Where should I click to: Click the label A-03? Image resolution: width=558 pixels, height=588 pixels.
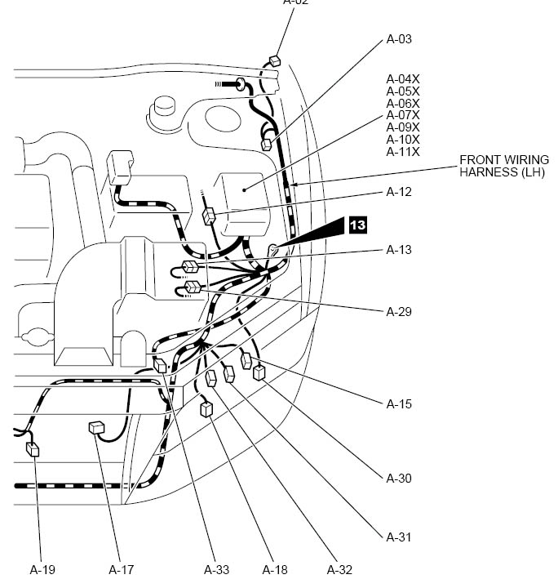coord(399,38)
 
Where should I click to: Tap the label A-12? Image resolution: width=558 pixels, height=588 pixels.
coord(399,192)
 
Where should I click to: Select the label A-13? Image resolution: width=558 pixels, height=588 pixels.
coord(399,249)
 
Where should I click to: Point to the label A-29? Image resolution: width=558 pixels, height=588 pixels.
coord(399,312)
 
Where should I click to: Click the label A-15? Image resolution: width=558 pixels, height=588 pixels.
coord(399,404)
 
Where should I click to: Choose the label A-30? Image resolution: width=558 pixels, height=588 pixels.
coord(399,478)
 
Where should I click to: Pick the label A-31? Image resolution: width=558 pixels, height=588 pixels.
coord(399,537)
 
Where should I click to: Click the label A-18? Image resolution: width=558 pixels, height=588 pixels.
coord(275,569)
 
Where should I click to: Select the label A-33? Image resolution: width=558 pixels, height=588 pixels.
coord(216,569)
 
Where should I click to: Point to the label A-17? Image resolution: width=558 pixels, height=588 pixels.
coord(121,569)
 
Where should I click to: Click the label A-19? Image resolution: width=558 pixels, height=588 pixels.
coord(42,569)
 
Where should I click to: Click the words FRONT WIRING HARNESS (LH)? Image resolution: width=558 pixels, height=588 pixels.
coord(501,166)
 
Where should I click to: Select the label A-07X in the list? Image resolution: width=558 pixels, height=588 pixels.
coord(403,115)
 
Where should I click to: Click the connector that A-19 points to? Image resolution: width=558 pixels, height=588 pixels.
coord(33,448)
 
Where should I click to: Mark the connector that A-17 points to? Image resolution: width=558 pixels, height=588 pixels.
coord(96,427)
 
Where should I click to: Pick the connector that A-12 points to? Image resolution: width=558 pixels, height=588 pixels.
coord(209,216)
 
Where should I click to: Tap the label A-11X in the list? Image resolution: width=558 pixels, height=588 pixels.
coord(403,152)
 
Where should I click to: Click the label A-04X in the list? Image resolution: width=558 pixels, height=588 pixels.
coord(403,78)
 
